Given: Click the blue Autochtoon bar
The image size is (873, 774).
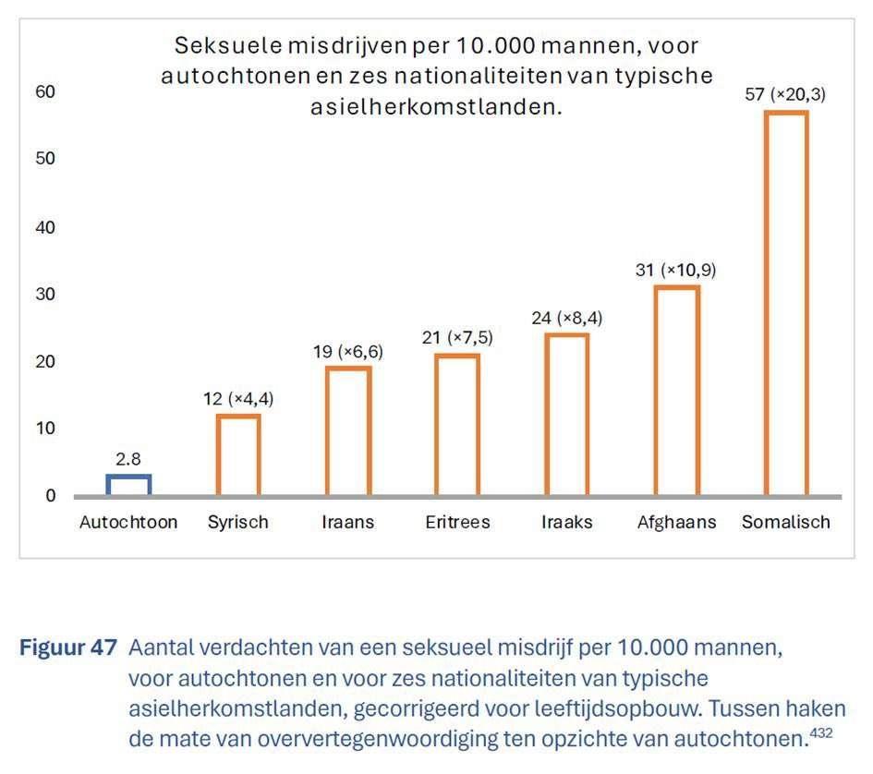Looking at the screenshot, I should coord(128,485).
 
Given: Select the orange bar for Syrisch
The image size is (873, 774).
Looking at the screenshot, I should coord(238,454).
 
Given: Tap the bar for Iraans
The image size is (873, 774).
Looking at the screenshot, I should coord(348,430).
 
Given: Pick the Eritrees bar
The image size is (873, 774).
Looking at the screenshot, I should coord(457,424).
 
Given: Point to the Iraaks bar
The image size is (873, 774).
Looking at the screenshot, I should coord(566,414).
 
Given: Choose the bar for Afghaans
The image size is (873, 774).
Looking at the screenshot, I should coord(676,390).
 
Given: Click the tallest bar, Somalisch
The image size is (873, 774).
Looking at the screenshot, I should coord(786,303).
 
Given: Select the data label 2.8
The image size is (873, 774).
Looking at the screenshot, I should coord(128,458).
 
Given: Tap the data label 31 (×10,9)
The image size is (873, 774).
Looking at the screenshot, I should coord(676,271).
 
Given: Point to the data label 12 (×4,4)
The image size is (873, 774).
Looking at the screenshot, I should coord(238,399).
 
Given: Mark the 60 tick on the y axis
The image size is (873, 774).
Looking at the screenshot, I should coord(46,91).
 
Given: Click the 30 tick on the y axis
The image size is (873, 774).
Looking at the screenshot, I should coord(46,294).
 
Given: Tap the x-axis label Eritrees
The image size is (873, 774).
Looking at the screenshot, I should coord(457,523).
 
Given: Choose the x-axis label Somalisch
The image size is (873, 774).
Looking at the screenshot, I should coord(786,523).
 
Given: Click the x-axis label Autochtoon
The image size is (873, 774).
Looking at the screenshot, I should coord(128,523).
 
